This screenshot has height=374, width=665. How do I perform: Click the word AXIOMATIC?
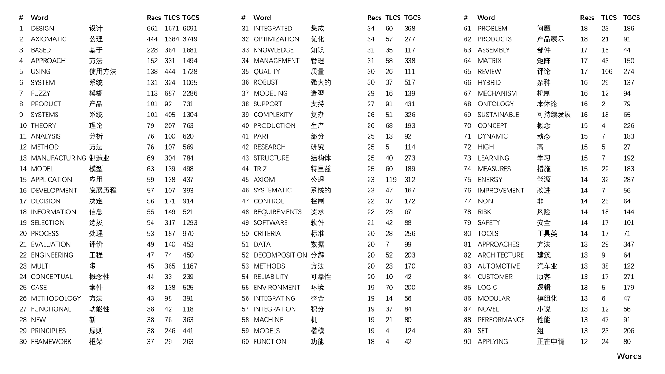pyautogui.click(x=48, y=39)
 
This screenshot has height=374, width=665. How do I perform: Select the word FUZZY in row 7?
pyautogui.click(x=40, y=93)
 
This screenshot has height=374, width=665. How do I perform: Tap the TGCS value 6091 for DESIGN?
pyautogui.click(x=190, y=29)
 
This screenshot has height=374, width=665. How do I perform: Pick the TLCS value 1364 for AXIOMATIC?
pyautogui.click(x=171, y=39)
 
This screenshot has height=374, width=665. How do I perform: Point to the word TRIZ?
pyautogui.click(x=260, y=169)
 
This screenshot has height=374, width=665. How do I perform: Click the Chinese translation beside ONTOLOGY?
pyautogui.click(x=547, y=104)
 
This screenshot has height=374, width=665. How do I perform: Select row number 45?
pyautogui.click(x=245, y=180)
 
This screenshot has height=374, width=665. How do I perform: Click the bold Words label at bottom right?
pyautogui.click(x=629, y=356)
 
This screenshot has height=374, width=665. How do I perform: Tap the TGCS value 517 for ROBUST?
pyautogui.click(x=409, y=82)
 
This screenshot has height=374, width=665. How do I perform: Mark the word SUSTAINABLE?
pyautogui.click(x=498, y=115)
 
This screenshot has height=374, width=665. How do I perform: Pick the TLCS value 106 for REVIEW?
pyautogui.click(x=607, y=72)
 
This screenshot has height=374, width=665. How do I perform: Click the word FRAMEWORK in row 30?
pyautogui.click(x=51, y=342)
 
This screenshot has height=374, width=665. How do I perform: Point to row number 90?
pyautogui.click(x=467, y=342)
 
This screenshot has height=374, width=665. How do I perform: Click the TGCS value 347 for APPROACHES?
pyautogui.click(x=629, y=244)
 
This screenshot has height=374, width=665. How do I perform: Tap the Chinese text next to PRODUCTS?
pyautogui.click(x=551, y=39)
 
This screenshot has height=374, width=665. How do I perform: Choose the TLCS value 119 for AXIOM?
pyautogui.click(x=391, y=180)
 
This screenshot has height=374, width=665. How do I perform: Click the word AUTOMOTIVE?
pyautogui.click(x=499, y=266)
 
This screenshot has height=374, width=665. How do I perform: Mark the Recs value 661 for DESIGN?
pyautogui.click(x=152, y=29)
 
